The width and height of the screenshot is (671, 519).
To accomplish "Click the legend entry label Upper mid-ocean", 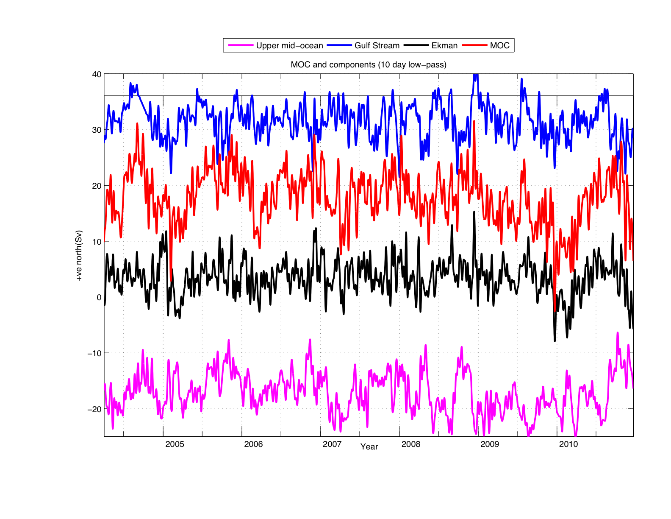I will [289, 45].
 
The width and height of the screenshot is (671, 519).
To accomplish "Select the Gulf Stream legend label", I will [377, 45].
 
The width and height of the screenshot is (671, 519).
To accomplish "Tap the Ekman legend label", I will [444, 45].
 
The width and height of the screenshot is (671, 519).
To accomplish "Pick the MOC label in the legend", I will [499, 45].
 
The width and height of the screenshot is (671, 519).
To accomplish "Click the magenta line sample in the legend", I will [241, 45].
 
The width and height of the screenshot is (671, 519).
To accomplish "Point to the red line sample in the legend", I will [475, 45].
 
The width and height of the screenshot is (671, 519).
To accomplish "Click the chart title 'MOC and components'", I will [369, 65].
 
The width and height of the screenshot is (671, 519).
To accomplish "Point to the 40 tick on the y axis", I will [97, 75].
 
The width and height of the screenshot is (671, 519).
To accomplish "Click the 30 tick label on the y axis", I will [97, 130].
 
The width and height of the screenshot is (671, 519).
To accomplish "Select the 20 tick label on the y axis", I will [97, 186].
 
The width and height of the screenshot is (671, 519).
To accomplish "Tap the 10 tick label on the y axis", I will [97, 242].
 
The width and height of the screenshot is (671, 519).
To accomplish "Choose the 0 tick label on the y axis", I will [99, 298].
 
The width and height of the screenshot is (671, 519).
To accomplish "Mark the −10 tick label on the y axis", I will [94, 353].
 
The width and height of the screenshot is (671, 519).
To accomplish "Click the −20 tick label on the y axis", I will [94, 409].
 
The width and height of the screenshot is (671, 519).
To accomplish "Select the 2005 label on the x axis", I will [175, 444].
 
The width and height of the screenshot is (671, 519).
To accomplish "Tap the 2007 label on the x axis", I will [332, 444].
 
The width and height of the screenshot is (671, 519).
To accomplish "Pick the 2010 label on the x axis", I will [568, 444].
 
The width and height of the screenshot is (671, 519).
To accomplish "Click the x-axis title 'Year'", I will [369, 447].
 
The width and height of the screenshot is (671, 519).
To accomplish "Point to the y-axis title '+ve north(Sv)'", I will [79, 256].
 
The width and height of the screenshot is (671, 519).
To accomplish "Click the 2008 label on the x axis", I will [411, 444].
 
